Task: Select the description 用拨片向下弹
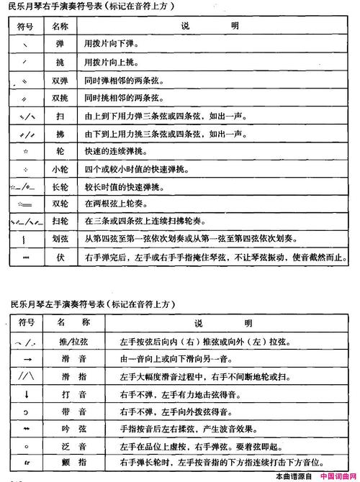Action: point(112,44)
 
